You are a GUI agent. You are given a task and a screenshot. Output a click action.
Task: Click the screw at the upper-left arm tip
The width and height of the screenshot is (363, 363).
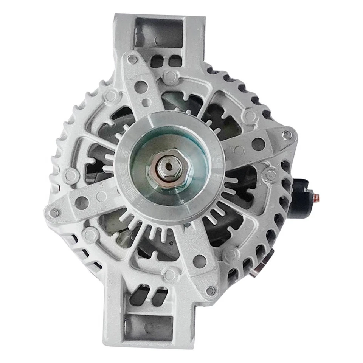[132, 59]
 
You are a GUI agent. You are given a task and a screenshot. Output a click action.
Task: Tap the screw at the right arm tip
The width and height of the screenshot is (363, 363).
[287, 135]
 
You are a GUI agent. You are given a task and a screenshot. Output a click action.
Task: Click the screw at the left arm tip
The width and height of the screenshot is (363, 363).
[54, 213]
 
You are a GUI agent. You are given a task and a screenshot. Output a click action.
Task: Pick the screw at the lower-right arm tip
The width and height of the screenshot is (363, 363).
[210, 290]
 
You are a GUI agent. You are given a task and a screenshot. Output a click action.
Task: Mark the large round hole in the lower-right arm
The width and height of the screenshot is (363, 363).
[199, 261]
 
